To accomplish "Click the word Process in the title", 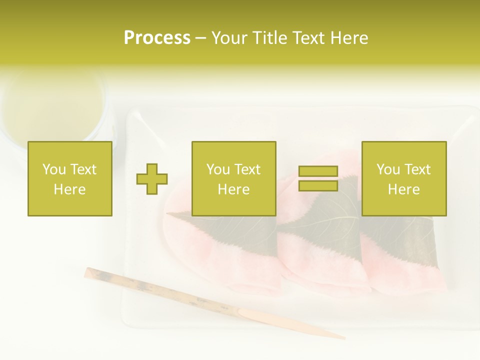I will pos(157,38).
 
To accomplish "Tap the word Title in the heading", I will pos(269,38).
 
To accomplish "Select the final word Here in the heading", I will pos(349,38).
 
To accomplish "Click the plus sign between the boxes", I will pos(152,179).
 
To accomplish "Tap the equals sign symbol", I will pos(318,178).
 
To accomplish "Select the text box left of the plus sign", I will pos(70,178).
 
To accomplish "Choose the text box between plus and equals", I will pos(234,178).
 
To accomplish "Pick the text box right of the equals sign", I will pos(404,178).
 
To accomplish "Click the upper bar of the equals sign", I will pos(318,171).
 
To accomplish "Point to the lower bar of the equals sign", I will pos(318,185).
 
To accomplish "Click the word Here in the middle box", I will pos(234,189).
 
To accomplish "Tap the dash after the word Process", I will pos(201,38).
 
